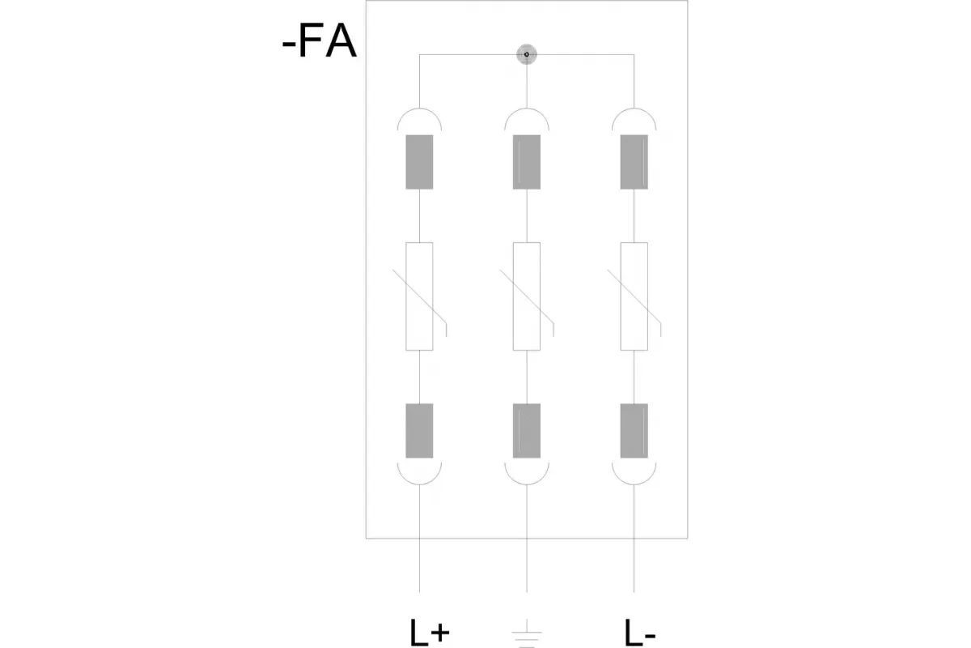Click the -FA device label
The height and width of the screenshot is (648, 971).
(x=320, y=41)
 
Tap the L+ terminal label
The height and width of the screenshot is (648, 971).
(x=430, y=633)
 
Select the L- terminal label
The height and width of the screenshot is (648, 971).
(x=640, y=633)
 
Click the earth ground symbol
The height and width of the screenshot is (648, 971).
(x=527, y=633)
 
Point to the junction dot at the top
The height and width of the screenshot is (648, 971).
(x=527, y=55)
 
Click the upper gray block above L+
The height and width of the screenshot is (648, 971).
(x=419, y=162)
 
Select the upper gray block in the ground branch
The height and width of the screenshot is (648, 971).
(x=527, y=162)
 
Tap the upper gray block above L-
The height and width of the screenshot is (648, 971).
(x=634, y=162)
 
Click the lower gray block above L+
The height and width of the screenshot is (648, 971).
(x=419, y=431)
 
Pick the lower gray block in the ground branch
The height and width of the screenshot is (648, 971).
(x=527, y=431)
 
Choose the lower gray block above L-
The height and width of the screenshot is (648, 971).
(x=634, y=431)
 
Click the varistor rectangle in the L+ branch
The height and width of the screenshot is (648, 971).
(x=419, y=296)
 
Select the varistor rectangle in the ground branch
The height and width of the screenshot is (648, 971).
(x=527, y=296)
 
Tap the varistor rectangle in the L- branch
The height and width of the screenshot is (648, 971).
(x=634, y=296)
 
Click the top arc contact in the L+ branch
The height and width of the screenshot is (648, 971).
(x=419, y=109)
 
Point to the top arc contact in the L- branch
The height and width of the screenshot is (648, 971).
(x=634, y=109)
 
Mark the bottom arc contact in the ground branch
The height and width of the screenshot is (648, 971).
(x=527, y=484)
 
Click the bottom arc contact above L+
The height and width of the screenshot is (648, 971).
(x=419, y=484)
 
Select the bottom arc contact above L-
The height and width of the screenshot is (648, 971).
(x=634, y=484)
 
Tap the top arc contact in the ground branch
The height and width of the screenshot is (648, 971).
(x=527, y=109)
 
